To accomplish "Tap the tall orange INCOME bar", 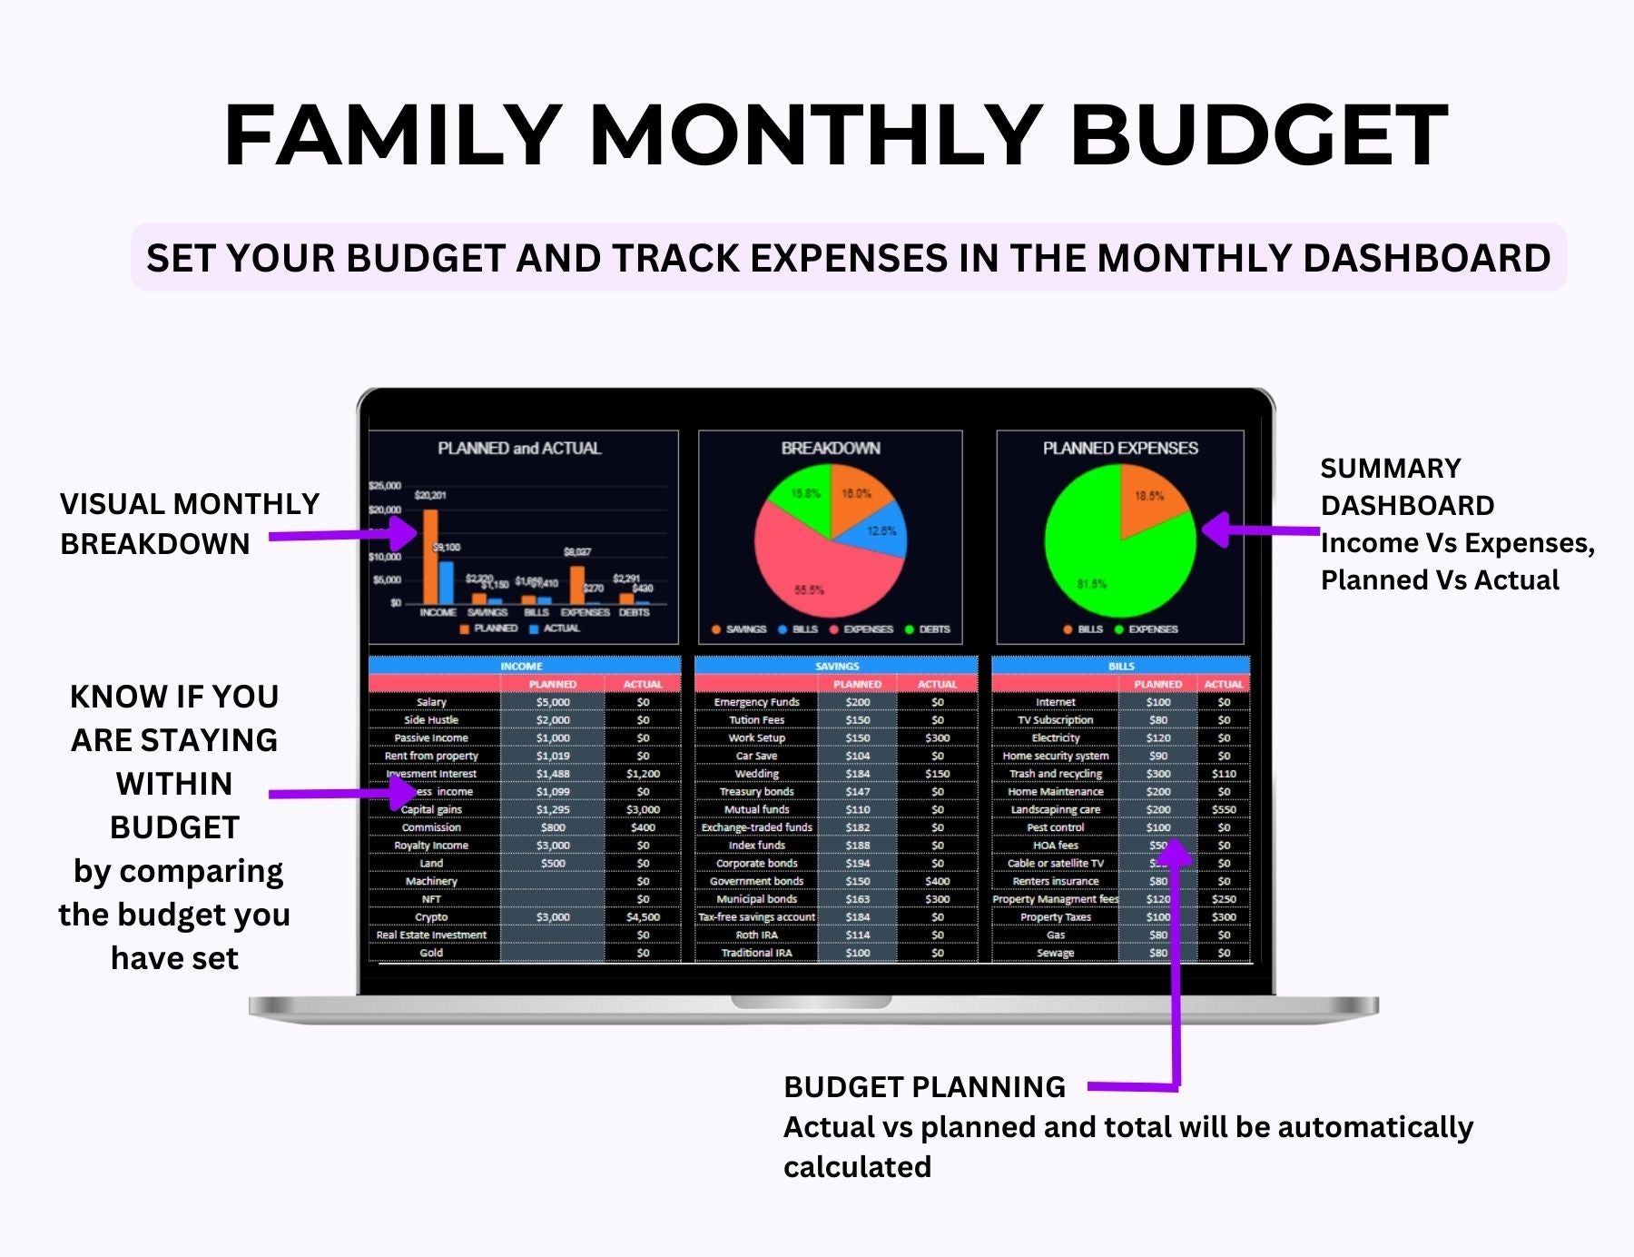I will pyautogui.click(x=430, y=559).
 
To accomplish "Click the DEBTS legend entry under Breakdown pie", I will pyautogui.click(x=928, y=629).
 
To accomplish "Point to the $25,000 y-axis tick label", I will pyautogui.click(x=385, y=486).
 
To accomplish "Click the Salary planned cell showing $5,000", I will pyautogui.click(x=553, y=702).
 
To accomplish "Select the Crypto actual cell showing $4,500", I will pyautogui.click(x=643, y=917).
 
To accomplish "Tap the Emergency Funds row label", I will pyautogui.click(x=756, y=702).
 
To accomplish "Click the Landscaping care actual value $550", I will pyautogui.click(x=1224, y=809).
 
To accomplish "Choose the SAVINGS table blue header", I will pyautogui.click(x=836, y=666).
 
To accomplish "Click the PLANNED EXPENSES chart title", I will pyautogui.click(x=1120, y=448).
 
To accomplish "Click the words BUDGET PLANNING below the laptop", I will pyautogui.click(x=924, y=1086).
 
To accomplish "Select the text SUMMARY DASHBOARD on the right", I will pyautogui.click(x=1406, y=487).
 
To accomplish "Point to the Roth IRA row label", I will pyautogui.click(x=756, y=935).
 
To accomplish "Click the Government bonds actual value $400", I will pyautogui.click(x=938, y=881).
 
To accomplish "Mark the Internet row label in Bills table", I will pyautogui.click(x=1055, y=702).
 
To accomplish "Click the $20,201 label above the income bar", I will pyautogui.click(x=430, y=496).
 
